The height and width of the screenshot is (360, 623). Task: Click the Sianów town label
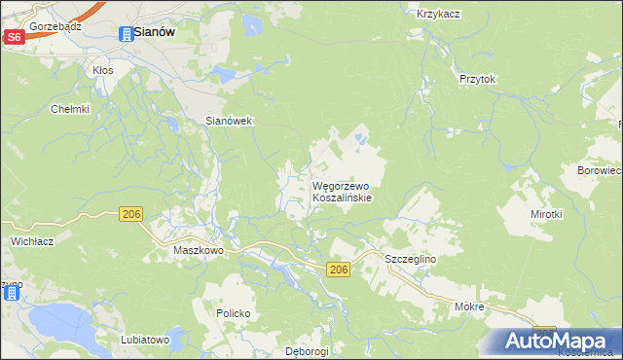click(154, 32)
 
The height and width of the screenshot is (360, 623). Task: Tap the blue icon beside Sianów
click(126, 34)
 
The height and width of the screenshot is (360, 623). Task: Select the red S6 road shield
click(14, 37)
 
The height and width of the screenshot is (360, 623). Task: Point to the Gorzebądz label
click(54, 26)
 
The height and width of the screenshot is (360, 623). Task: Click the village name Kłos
click(102, 70)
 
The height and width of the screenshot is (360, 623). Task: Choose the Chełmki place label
click(70, 109)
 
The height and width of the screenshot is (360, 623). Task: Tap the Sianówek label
click(229, 121)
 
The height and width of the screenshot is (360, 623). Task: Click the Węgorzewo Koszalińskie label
click(341, 190)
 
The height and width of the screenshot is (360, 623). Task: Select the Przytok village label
click(478, 80)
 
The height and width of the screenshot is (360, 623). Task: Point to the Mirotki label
click(547, 213)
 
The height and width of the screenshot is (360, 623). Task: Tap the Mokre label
click(469, 306)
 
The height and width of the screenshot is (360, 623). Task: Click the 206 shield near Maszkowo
click(132, 213)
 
